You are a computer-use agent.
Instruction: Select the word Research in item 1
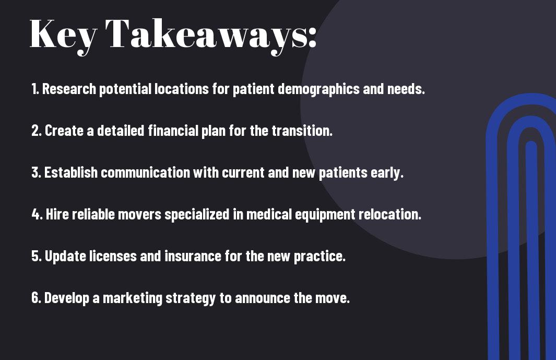click(x=69, y=89)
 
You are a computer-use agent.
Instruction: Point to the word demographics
click(x=318, y=89)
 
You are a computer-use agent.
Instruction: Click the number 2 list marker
click(x=36, y=131)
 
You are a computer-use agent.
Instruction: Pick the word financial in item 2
click(x=173, y=130)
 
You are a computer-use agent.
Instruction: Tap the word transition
click(x=302, y=131)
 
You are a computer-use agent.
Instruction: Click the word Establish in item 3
click(x=71, y=172)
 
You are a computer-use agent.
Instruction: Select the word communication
click(x=146, y=172)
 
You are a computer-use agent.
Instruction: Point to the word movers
click(x=139, y=214)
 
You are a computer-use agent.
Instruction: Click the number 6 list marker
click(x=36, y=297)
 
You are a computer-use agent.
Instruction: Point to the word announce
click(x=263, y=298)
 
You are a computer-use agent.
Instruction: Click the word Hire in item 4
click(x=57, y=214)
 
